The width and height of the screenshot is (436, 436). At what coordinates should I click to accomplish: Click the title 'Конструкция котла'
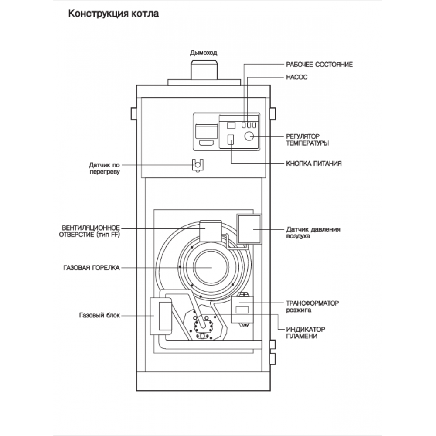click(x=113, y=14)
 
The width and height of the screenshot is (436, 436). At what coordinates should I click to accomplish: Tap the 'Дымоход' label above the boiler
click(x=204, y=53)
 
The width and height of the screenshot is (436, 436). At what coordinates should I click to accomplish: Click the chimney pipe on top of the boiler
click(x=204, y=70)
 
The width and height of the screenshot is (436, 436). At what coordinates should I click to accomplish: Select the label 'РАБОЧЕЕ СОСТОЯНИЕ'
click(x=319, y=65)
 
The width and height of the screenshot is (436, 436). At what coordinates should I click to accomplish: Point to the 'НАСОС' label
click(x=296, y=77)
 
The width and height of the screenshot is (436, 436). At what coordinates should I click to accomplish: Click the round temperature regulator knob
click(x=249, y=136)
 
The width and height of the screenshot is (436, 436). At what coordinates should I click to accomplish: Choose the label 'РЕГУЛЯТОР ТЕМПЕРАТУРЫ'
click(x=307, y=140)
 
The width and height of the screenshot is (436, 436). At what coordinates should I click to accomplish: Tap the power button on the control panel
click(x=231, y=140)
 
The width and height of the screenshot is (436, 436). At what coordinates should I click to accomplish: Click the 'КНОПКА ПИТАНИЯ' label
click(x=313, y=163)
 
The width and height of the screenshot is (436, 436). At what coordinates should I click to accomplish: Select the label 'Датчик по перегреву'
click(x=104, y=168)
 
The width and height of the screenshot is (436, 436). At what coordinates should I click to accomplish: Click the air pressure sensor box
click(x=249, y=229)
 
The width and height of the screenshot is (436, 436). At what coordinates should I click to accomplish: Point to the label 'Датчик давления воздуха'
click(x=313, y=233)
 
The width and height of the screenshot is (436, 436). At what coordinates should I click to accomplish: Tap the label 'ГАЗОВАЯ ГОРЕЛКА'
click(x=92, y=268)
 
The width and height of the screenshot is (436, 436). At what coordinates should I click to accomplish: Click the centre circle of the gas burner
click(x=211, y=267)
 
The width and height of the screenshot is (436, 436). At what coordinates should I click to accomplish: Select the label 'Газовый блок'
click(x=99, y=315)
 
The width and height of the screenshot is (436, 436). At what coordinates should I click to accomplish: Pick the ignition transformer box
click(x=242, y=310)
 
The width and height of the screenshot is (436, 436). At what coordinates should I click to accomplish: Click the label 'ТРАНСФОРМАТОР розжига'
click(x=312, y=307)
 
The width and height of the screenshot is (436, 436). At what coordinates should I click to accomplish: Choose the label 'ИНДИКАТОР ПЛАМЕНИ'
click(x=306, y=333)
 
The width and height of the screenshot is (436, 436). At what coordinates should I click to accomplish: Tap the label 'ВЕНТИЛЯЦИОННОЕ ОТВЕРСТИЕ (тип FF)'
click(x=89, y=232)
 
